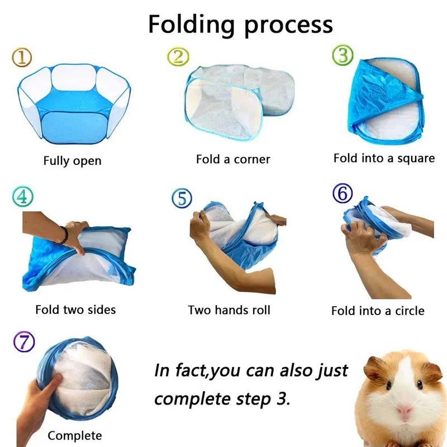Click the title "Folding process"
point(240,24)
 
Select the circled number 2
point(179,55)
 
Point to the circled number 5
point(182,198)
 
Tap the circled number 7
point(23,342)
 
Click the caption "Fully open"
point(73,161)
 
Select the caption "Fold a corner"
point(233,159)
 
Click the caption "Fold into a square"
point(384,158)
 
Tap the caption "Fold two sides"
point(75,309)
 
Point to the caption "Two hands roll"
point(229,310)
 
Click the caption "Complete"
point(75,435)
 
